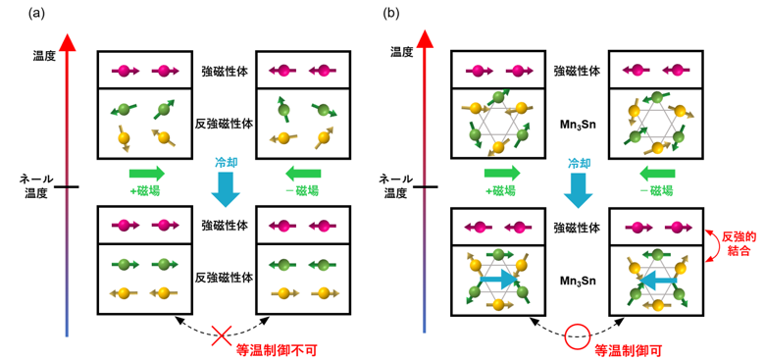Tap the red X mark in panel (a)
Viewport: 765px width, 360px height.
coord(221,335)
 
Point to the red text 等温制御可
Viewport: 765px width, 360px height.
coord(626,350)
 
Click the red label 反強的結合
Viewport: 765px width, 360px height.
coord(739,244)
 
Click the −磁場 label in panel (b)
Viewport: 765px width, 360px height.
coord(657,190)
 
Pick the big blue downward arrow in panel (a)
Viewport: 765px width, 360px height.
coord(226,188)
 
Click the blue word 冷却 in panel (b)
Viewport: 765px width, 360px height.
coord(578,163)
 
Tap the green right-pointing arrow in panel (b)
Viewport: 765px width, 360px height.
coord(501,174)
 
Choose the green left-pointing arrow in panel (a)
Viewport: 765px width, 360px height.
coord(303,174)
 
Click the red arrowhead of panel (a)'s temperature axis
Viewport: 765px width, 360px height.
coord(67,41)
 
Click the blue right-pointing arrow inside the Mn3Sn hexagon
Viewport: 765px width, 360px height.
coord(498,279)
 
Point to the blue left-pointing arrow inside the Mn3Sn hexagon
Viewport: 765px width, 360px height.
coord(657,279)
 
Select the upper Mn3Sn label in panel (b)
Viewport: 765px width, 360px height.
coord(578,125)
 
